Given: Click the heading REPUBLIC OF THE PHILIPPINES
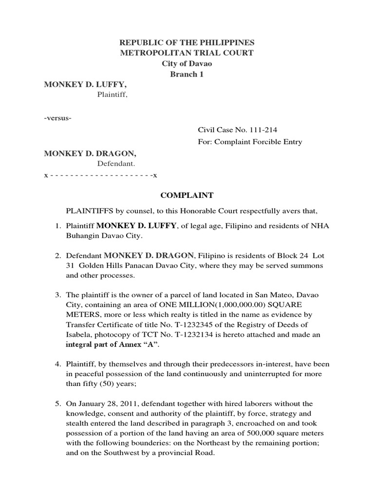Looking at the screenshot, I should (187, 43).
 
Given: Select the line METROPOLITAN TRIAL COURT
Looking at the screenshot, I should (187, 53).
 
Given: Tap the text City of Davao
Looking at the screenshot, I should (187, 64).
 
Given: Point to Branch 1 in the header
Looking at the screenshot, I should (187, 74).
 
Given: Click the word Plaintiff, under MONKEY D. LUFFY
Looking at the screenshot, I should (112, 95).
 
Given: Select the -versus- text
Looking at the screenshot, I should (58, 118).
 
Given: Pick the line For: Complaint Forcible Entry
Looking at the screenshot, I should (249, 142).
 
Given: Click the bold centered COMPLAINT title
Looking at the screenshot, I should (187, 195).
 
